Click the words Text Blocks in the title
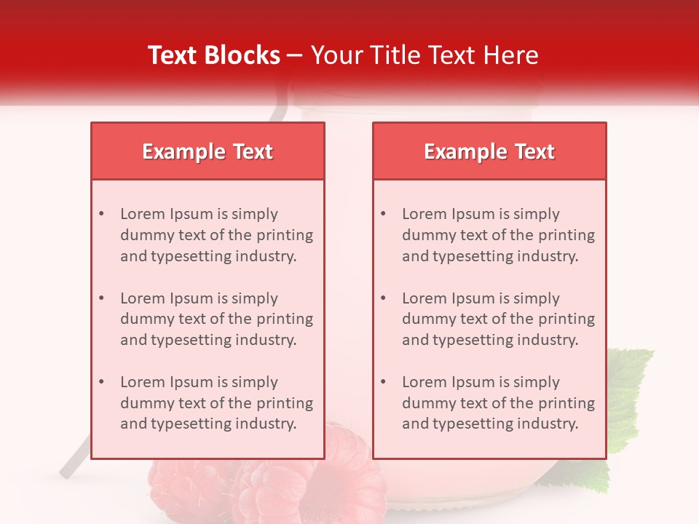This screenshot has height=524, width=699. tap(213, 55)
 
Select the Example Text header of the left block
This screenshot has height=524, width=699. tap(208, 151)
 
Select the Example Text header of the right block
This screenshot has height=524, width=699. tap(489, 151)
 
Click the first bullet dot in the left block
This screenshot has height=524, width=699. tap(101, 214)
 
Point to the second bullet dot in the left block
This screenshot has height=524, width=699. tap(101, 298)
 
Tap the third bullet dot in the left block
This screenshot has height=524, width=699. tap(101, 382)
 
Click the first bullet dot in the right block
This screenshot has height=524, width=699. tap(383, 214)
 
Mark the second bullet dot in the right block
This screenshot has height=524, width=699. tap(383, 298)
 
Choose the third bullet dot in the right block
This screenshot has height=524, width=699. tap(383, 382)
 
